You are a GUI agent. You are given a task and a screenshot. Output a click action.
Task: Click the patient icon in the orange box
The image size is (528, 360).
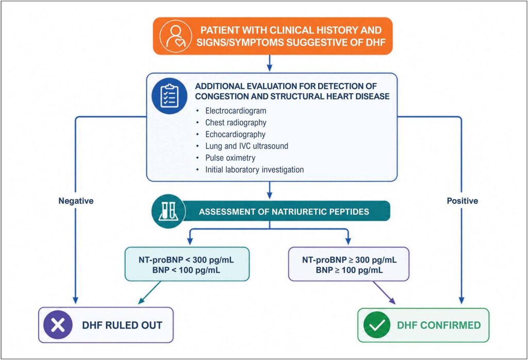175,36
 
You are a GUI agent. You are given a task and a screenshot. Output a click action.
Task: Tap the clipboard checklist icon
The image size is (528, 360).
169,96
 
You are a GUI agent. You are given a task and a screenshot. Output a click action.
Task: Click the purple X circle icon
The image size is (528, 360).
58,325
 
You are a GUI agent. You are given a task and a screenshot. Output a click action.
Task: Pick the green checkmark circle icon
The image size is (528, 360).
377,325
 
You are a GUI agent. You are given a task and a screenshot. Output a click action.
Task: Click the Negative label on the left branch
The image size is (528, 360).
76,201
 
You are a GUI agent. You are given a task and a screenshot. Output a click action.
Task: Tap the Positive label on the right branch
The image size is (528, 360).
463,201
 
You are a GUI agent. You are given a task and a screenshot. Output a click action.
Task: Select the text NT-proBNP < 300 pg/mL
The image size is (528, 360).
186,260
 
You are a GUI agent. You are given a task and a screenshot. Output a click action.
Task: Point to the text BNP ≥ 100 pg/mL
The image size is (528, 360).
349,270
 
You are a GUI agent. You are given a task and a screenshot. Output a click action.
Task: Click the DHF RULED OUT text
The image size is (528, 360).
122,325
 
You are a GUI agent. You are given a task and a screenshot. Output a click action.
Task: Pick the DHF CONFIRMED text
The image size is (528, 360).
439,325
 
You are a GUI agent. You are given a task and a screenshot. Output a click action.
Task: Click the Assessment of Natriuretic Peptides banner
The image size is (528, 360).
284,211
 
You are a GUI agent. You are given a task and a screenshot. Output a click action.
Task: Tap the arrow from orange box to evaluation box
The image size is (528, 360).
269,63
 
